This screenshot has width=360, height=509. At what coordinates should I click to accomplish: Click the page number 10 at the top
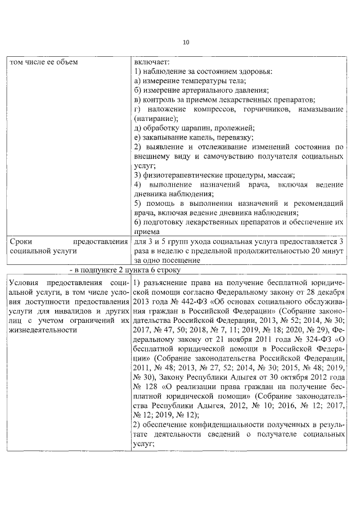tap(186, 42)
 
